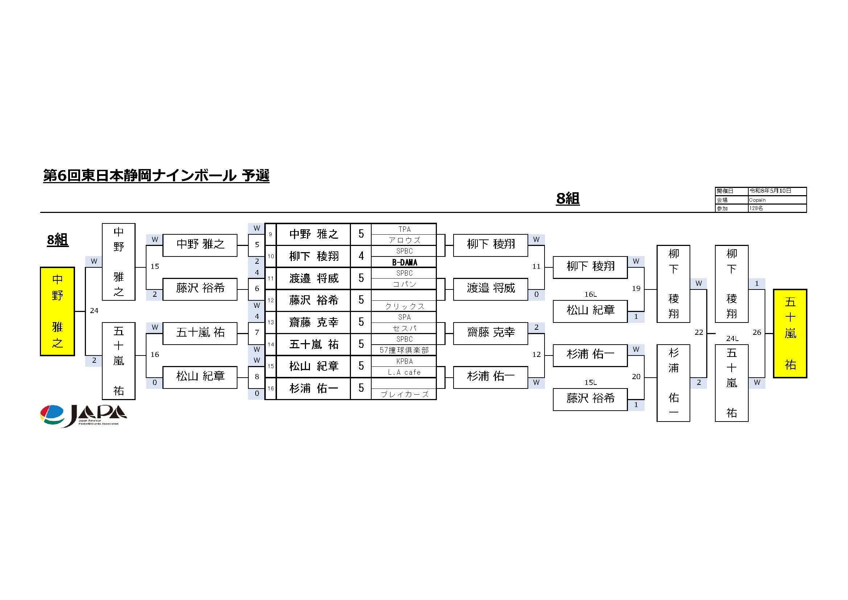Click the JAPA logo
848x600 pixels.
83,416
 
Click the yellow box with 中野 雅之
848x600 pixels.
57,312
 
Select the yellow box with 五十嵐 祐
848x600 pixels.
790,333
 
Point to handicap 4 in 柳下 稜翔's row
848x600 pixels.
361,256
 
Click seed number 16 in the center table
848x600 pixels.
271,388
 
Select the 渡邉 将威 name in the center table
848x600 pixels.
314,278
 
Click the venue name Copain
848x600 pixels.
757,200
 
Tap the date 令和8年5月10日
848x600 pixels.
770,191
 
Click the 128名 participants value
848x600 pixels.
756,208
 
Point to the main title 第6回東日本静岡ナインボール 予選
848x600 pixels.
156,176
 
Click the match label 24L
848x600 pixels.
732,338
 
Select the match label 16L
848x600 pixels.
590,295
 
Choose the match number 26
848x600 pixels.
757,333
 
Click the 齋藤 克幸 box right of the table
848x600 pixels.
491,334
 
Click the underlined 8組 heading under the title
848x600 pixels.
568,199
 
